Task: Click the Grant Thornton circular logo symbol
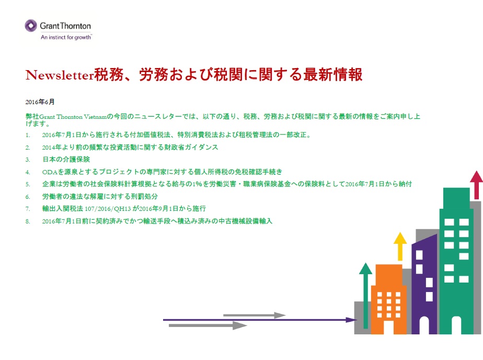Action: pyautogui.click(x=31, y=26)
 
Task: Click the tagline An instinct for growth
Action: pyautogui.click(x=66, y=37)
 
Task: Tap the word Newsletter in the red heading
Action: pyautogui.click(x=60, y=75)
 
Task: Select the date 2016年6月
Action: pyautogui.click(x=40, y=102)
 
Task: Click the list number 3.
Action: pyautogui.click(x=28, y=160)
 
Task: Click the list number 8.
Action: pyautogui.click(x=28, y=221)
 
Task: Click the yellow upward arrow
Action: pyautogui.click(x=400, y=246)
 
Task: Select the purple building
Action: pyautogui.click(x=423, y=283)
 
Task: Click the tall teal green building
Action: pyautogui.click(x=456, y=251)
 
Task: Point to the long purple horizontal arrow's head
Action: pyautogui.click(x=351, y=319)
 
